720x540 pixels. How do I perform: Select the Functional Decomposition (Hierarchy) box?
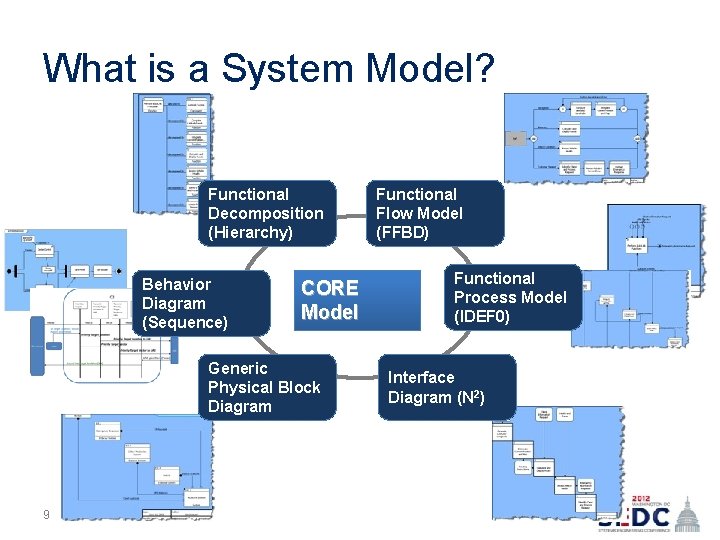[x=267, y=213]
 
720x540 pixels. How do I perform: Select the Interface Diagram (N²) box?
[x=446, y=387]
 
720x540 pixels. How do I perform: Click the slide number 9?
[x=46, y=515]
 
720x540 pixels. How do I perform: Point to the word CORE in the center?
[x=330, y=288]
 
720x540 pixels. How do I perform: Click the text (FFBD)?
[x=402, y=232]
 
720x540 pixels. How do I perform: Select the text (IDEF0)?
[x=482, y=316]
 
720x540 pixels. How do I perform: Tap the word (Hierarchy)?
[x=251, y=232]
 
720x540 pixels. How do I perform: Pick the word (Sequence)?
[x=185, y=322]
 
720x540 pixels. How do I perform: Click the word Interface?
[x=421, y=377]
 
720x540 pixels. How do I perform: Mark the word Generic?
[x=238, y=368]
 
